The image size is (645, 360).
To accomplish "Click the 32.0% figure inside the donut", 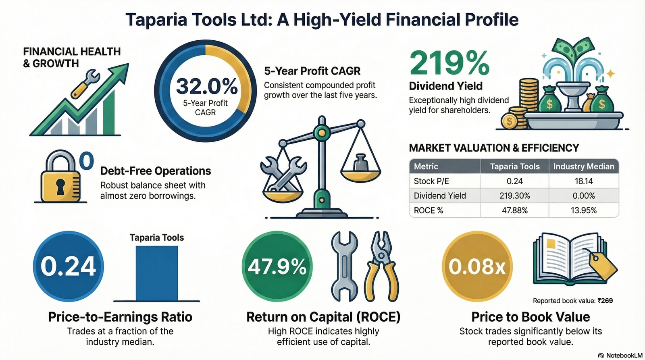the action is (x=207, y=86).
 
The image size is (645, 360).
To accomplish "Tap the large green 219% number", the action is (x=449, y=63).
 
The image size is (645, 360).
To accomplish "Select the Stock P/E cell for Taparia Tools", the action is (x=515, y=181).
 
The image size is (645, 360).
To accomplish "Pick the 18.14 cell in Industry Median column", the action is (x=584, y=181).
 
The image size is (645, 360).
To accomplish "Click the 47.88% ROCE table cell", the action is (x=515, y=210).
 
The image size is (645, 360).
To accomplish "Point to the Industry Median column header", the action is (x=584, y=166).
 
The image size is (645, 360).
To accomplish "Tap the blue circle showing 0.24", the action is (x=68, y=266).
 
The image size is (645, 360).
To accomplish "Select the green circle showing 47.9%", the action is (x=277, y=266).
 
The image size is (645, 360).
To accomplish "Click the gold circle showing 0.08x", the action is (x=477, y=266).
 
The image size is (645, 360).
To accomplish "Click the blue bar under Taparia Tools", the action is (x=157, y=273).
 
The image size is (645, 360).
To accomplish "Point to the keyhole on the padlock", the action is (x=60, y=186).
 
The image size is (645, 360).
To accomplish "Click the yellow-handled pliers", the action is (x=381, y=266).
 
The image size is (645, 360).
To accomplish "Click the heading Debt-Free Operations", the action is (x=156, y=171).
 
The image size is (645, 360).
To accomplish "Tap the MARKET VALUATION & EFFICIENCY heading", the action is (x=494, y=148).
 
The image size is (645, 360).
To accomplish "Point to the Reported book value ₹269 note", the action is (x=573, y=301).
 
